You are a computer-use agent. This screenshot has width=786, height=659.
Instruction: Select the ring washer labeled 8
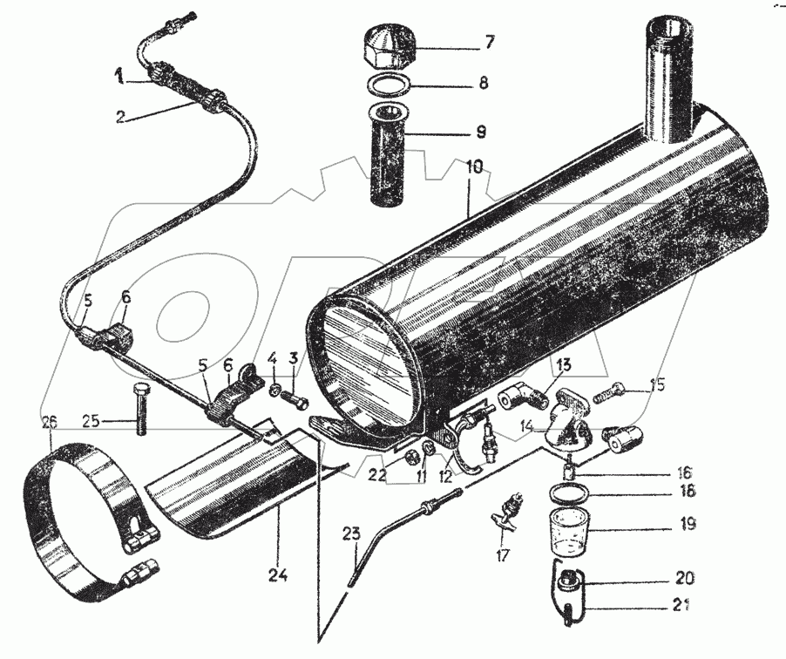click(x=390, y=86)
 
